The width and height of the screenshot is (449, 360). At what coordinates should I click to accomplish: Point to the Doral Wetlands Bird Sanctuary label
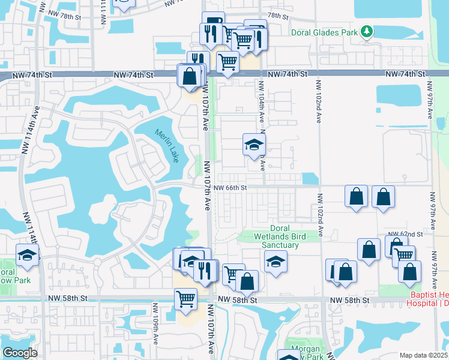tap(280, 237)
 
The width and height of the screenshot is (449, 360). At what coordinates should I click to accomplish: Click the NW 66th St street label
tap(230, 188)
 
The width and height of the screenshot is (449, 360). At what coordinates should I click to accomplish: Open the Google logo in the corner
tap(19, 353)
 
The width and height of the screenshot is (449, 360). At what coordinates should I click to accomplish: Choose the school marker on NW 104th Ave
tap(255, 144)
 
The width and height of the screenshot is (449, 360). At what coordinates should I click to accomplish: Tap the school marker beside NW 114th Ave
tap(27, 255)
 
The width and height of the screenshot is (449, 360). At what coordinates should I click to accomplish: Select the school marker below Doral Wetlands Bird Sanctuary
tap(276, 261)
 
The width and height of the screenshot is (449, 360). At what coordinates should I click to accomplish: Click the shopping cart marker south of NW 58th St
tap(186, 298)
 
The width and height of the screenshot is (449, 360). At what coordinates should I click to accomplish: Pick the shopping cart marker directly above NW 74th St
tap(228, 61)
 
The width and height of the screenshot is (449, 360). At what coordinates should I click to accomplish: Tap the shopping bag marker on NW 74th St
tap(190, 76)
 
